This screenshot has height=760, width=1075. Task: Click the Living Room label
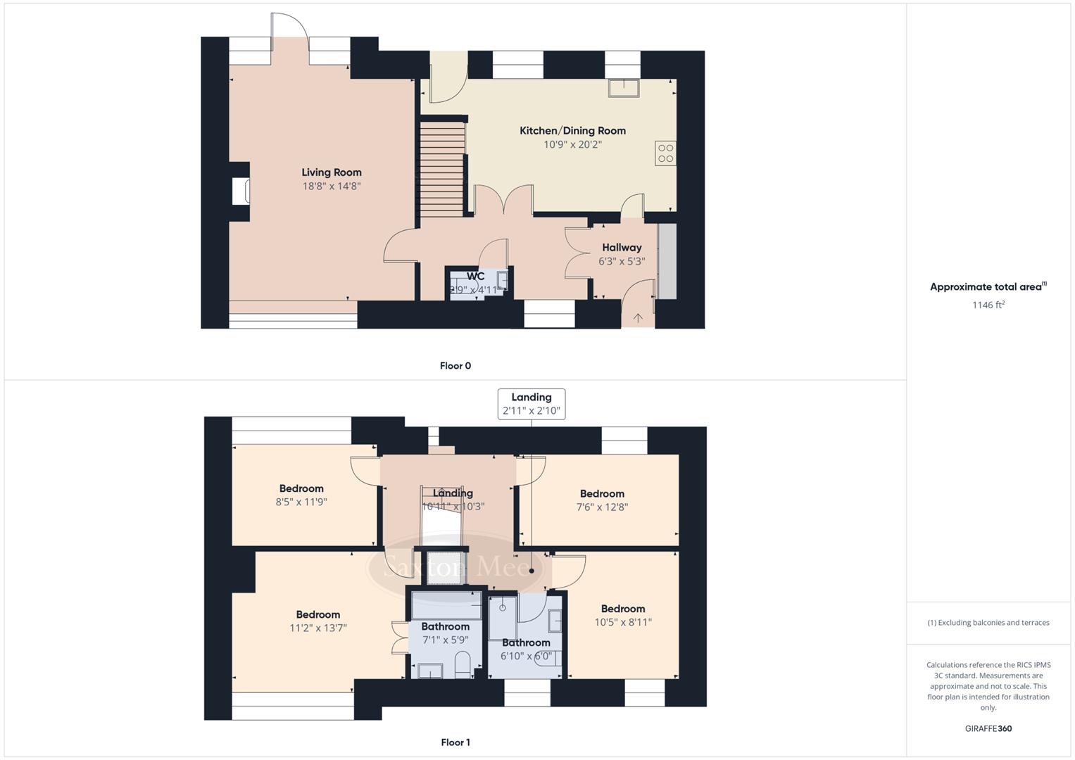pyautogui.click(x=331, y=172)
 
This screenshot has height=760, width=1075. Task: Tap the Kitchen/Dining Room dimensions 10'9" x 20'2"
pyautogui.click(x=572, y=145)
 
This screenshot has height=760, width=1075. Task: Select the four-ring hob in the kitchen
pyautogui.click(x=665, y=153)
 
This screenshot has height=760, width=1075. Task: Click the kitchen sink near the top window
pyautogui.click(x=624, y=88)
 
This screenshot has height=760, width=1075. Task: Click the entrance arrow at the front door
pyautogui.click(x=638, y=318)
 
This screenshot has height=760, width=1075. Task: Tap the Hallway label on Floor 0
pyautogui.click(x=622, y=248)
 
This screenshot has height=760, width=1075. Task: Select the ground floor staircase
pyautogui.click(x=442, y=169)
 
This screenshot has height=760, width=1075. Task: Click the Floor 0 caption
pyautogui.click(x=455, y=366)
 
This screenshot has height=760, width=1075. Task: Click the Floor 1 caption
pyautogui.click(x=455, y=742)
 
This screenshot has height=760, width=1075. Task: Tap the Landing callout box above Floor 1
pyautogui.click(x=532, y=404)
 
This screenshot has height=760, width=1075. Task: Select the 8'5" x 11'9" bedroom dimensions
pyautogui.click(x=301, y=502)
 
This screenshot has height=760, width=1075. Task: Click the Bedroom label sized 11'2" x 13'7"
pyautogui.click(x=318, y=614)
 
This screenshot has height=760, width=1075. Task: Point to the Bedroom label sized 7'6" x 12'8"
pyautogui.click(x=602, y=494)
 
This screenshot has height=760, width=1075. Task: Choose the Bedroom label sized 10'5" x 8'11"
pyautogui.click(x=622, y=609)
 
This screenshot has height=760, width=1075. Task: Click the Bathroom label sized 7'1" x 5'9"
pyautogui.click(x=445, y=626)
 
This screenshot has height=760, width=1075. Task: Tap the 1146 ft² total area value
pyautogui.click(x=988, y=305)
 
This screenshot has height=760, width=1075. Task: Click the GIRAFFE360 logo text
pyautogui.click(x=988, y=728)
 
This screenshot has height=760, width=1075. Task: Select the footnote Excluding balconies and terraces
pyautogui.click(x=988, y=623)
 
